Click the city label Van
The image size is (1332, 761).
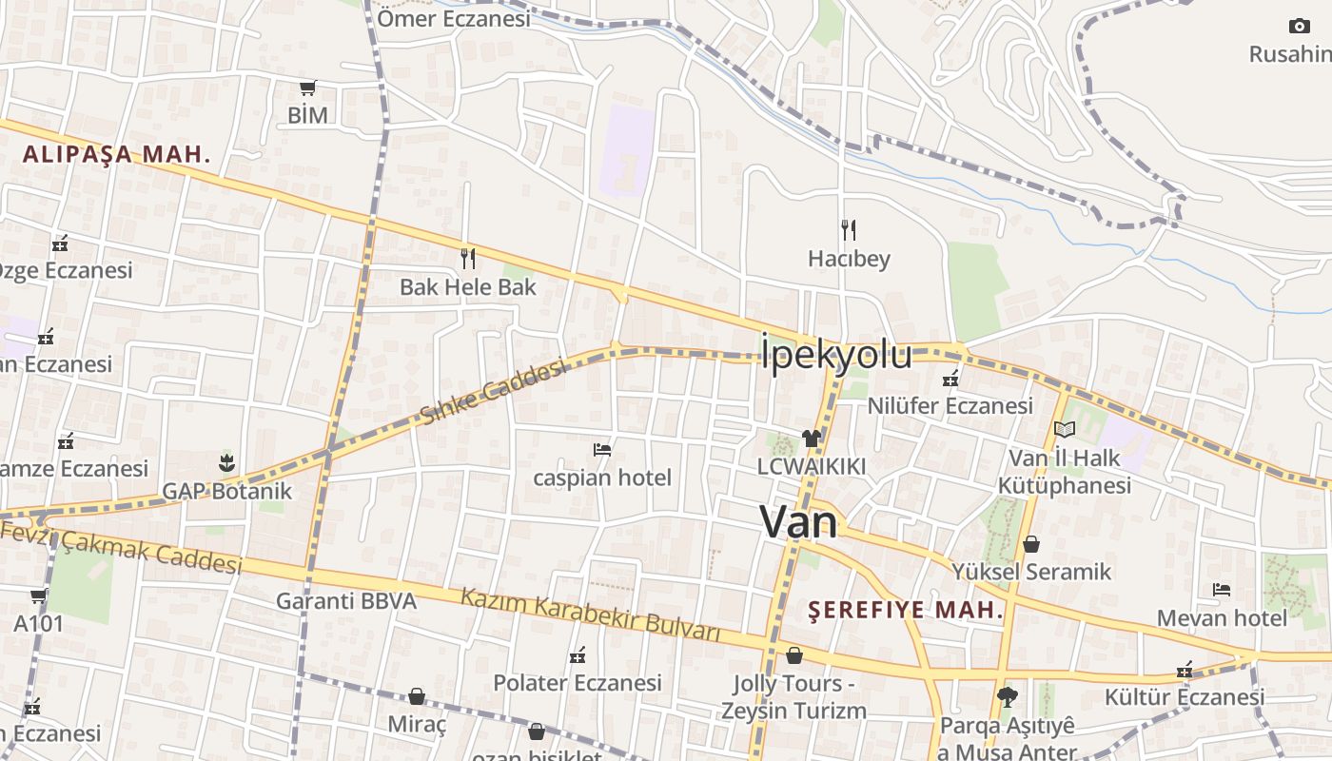798,522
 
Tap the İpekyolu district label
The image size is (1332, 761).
836,355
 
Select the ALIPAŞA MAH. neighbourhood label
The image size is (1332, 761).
116,154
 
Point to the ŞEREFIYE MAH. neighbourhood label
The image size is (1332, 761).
906,610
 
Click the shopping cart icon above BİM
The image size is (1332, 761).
307,88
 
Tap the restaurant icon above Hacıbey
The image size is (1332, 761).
849,229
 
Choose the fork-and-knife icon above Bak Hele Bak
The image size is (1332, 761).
467,258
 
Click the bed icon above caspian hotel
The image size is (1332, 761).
601,449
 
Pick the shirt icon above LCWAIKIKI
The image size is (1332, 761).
811,439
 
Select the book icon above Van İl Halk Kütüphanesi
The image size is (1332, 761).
1064,430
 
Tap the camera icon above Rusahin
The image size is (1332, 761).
1299,26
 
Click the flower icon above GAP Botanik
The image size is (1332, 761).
226,463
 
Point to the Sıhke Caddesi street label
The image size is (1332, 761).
494,391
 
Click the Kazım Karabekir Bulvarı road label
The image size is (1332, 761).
590,615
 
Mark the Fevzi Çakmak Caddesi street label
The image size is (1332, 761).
122,547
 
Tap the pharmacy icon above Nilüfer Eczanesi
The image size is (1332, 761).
950,379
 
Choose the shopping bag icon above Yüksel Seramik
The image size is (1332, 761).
1031,544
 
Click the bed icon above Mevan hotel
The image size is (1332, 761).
1222,590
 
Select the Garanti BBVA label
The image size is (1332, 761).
346,601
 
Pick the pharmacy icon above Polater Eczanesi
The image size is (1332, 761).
577,654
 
